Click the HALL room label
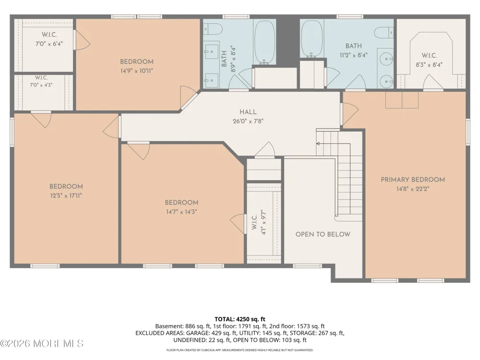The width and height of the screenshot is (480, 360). coord(248,112)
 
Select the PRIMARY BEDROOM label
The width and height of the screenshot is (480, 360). coord(413,180)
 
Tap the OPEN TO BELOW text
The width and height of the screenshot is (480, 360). coord(323,234)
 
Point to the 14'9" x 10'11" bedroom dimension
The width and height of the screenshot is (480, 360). coord(136,71)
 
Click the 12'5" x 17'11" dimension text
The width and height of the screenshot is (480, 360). coord(66,196)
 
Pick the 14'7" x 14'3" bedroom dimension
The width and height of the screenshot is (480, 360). coord(181,212)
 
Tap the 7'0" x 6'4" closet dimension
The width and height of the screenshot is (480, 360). coord(49,44)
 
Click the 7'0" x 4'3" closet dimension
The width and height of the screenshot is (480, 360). coord(41,85)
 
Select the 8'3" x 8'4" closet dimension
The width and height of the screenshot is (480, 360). coord(429,65)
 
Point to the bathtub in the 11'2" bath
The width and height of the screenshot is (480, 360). coord(312,38)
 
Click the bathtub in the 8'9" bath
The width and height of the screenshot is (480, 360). coord(265,42)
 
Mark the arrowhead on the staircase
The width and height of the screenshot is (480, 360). coord(318,144)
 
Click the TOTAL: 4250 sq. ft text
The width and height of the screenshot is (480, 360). coord(240,319)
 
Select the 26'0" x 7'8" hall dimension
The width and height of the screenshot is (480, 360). coord(248,121)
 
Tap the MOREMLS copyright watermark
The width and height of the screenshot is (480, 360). coord(42,344)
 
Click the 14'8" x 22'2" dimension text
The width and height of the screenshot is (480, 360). coord(413,189)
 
